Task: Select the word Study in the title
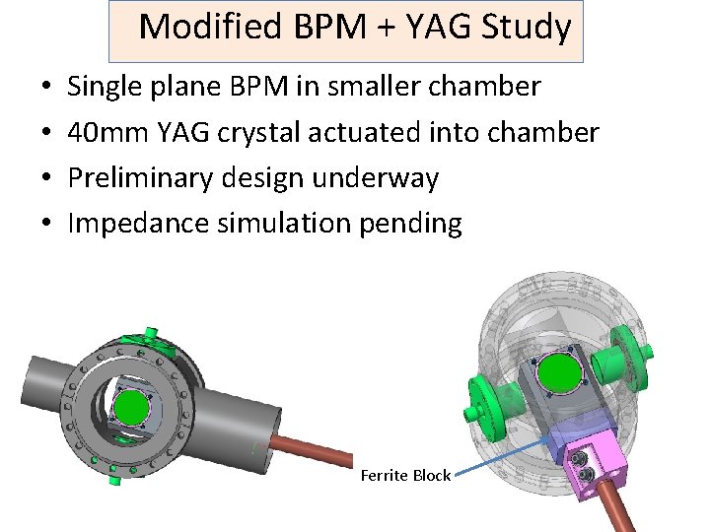tap(527, 29)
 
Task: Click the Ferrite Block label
tap(405, 476)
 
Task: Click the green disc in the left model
tap(131, 406)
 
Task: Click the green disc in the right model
tap(558, 374)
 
